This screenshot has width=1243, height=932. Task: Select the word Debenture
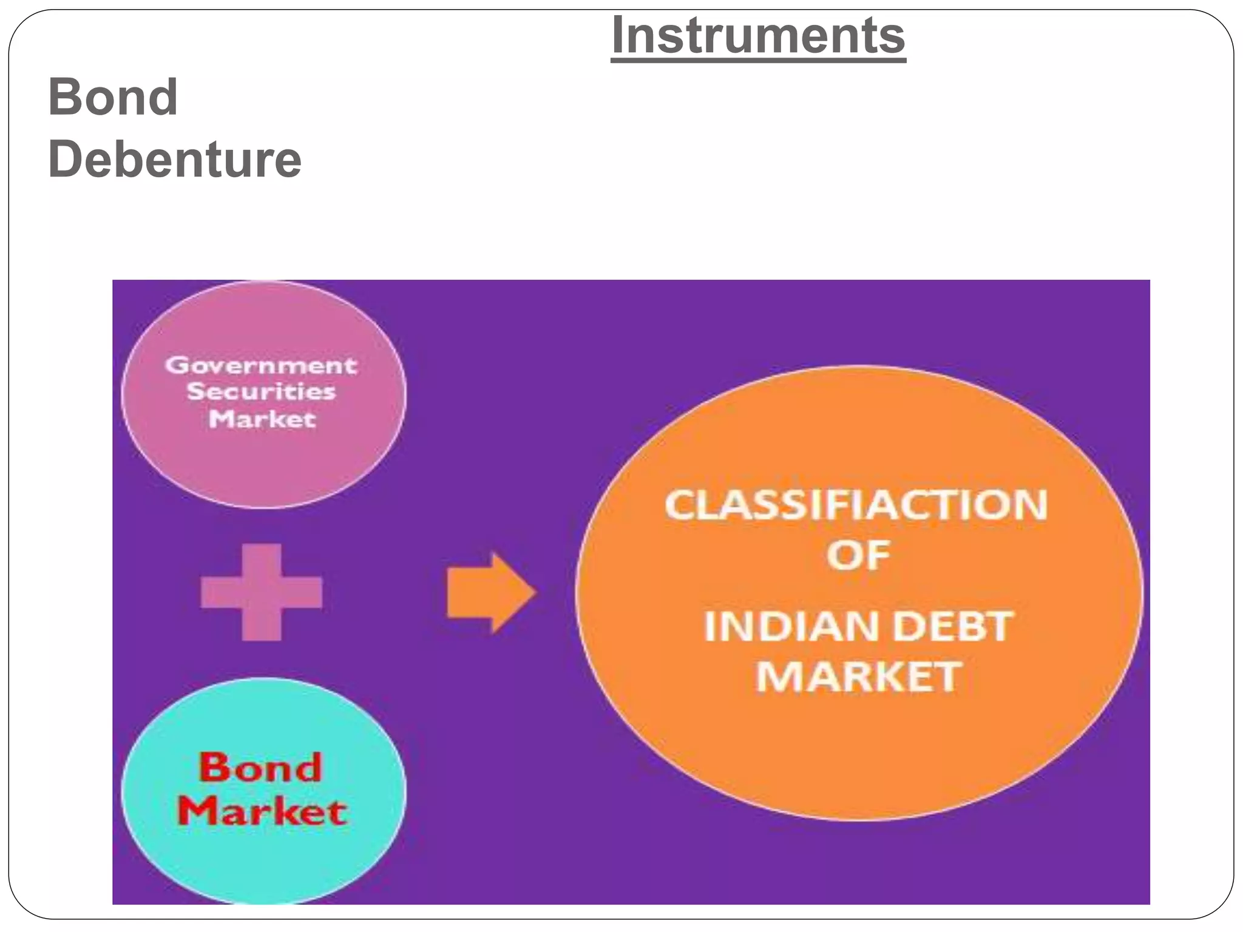[175, 159]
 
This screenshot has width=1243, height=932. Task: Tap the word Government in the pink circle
[261, 365]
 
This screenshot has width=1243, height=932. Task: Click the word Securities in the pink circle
[261, 391]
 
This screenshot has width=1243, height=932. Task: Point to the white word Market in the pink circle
[262, 419]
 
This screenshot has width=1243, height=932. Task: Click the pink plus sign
[262, 592]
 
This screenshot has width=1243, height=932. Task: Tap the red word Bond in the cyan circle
[260, 768]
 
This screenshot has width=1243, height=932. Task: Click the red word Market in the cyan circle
[262, 811]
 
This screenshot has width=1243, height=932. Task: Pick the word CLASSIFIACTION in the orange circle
[856, 505]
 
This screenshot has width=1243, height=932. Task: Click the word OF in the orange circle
[858, 555]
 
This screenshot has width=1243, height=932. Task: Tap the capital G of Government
[176, 365]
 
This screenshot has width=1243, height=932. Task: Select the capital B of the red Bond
[214, 768]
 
